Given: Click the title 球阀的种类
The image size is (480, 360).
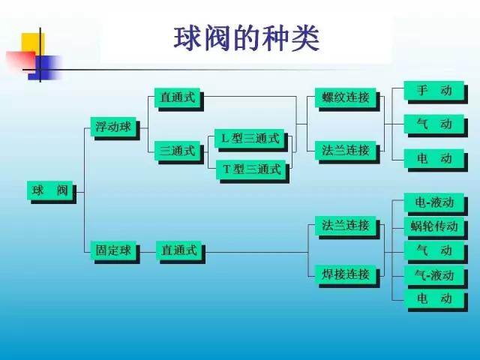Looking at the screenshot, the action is tap(247, 39).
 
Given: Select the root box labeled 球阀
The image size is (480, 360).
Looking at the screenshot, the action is tap(50, 190).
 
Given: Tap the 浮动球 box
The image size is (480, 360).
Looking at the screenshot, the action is tap(113, 127).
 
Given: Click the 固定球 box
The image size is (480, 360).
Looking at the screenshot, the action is tap(113, 250).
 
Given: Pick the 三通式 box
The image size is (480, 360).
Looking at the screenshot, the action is tap(177, 151).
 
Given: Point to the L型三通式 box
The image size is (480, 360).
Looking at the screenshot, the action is tap(250, 139).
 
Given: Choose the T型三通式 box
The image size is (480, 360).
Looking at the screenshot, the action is tap(251, 169).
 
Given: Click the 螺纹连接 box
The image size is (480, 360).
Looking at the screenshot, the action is tap(346, 97).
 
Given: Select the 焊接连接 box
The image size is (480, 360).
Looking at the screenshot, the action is tap(346, 274).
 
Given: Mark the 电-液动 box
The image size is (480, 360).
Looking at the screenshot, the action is tap(434, 202).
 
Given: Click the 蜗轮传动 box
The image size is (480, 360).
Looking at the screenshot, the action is tap(434, 226).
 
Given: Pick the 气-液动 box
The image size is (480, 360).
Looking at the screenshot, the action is tap(434, 275).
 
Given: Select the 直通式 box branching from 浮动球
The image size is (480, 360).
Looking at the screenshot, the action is tap(177, 97).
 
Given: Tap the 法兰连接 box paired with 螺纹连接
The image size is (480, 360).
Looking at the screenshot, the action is tap(346, 150).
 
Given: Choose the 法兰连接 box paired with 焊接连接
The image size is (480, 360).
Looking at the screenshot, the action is tap(346, 226).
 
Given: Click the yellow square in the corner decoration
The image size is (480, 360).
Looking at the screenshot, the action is tap(33, 43).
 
